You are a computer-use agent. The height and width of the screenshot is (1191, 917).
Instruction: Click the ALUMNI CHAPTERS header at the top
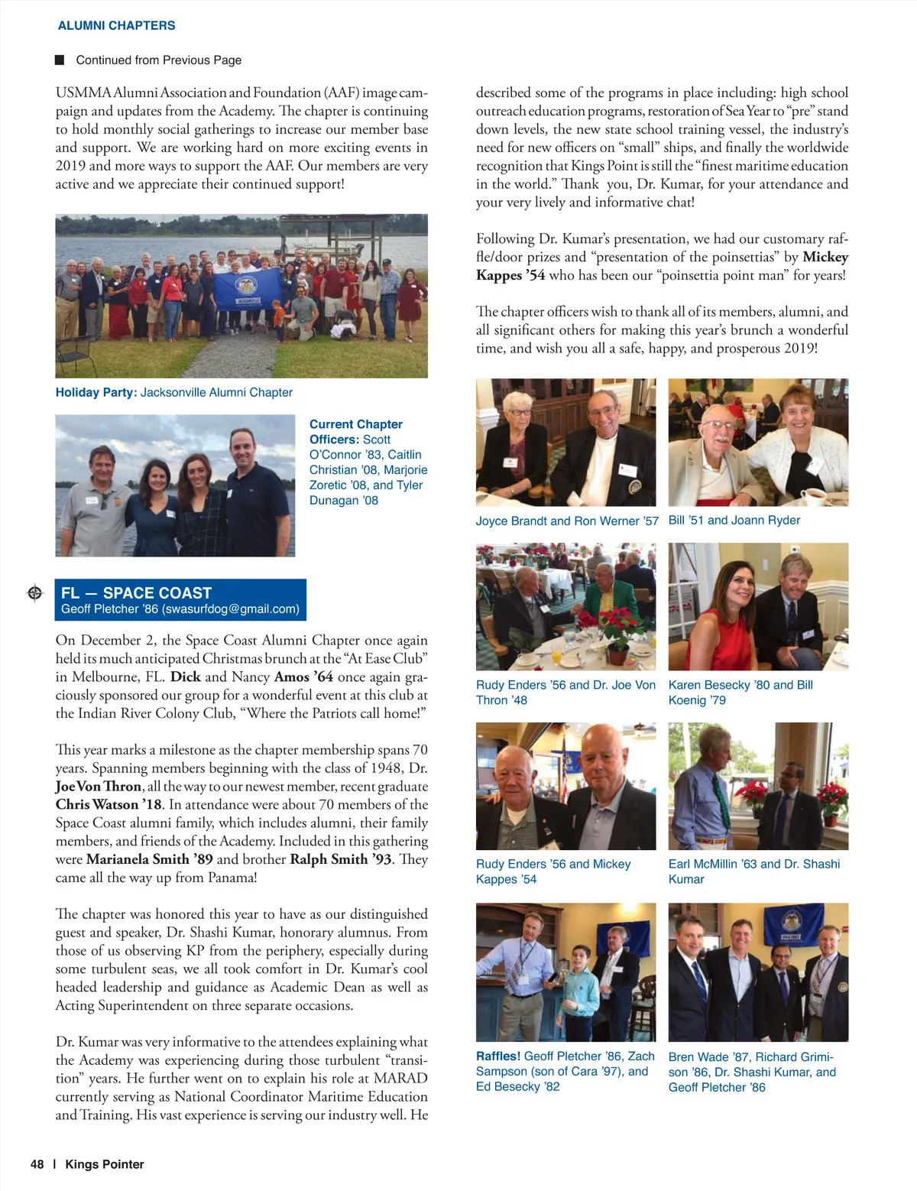tap(116, 25)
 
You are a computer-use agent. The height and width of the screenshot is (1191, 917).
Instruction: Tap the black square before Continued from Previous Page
tap(60, 60)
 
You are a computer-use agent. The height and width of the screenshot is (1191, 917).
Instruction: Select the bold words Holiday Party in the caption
tap(96, 392)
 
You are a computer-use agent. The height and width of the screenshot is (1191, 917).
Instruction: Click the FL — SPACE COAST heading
tap(136, 592)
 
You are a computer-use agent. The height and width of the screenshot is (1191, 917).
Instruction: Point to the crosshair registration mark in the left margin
tap(34, 592)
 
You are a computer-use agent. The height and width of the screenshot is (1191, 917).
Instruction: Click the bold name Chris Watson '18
tap(109, 804)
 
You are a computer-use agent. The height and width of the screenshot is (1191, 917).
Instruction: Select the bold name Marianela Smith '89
tap(149, 859)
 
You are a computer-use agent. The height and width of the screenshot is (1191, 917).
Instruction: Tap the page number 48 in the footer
tap(37, 1164)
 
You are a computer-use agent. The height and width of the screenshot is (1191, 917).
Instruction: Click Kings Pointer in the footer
tap(105, 1164)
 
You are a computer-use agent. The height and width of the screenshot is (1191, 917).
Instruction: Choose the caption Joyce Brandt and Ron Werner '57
tap(567, 521)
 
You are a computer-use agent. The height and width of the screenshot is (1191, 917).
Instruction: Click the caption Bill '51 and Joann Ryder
tap(734, 520)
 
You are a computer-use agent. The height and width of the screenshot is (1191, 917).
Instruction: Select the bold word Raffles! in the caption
tap(498, 1056)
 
